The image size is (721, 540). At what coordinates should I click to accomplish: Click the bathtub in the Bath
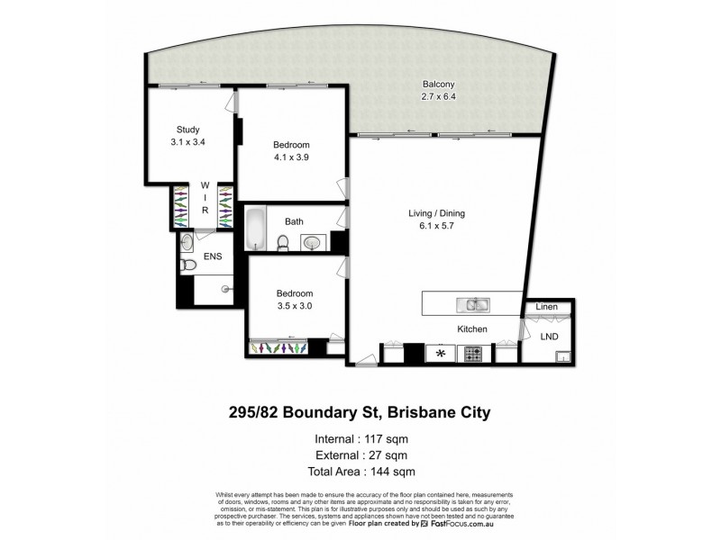click(255, 229)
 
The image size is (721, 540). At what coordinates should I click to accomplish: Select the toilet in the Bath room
click(282, 243)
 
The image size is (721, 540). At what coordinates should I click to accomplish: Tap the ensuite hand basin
click(186, 241)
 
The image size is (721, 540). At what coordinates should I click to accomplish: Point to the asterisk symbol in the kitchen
click(441, 353)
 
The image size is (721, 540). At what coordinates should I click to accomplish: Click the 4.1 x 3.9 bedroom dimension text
click(292, 157)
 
